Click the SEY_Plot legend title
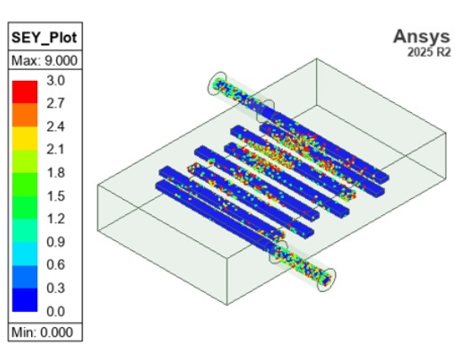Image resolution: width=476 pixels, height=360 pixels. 45,38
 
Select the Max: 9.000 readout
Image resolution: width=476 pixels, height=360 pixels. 45,61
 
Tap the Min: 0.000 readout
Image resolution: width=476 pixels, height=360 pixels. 42,332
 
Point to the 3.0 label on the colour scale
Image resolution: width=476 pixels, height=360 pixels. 56,81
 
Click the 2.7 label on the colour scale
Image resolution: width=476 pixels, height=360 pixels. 56,104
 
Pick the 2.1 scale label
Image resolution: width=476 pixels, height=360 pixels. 56,149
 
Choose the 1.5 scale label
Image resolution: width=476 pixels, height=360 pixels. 56,196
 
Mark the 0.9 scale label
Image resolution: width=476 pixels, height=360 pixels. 56,242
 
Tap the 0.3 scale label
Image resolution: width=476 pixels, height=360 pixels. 56,287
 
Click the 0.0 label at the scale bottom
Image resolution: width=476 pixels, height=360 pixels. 56,311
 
